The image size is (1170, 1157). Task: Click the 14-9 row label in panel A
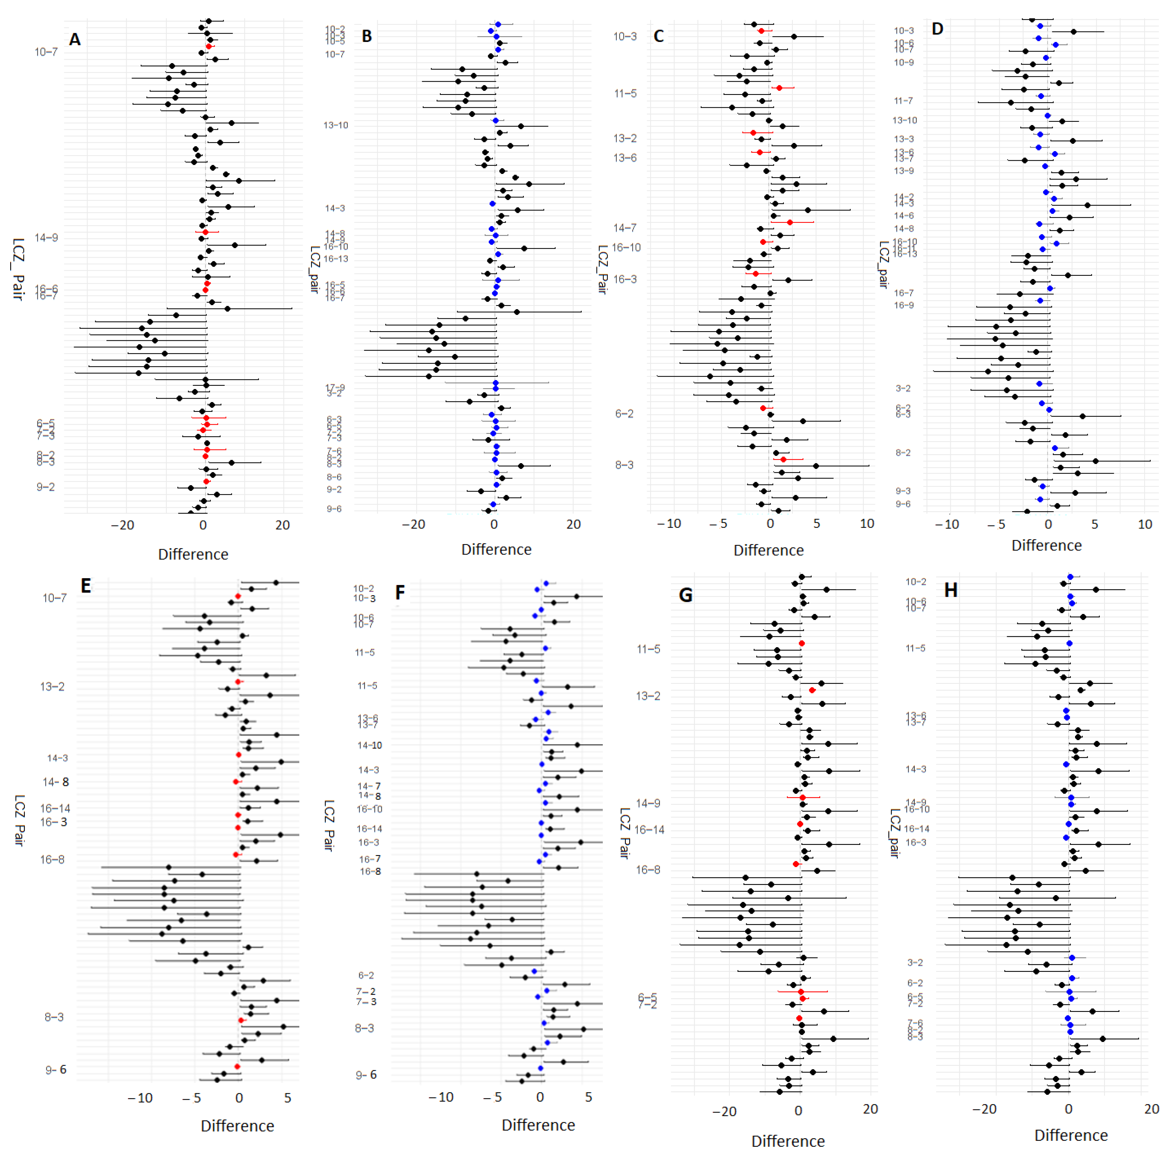pyautogui.click(x=46, y=238)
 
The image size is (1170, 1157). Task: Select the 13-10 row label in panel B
pyautogui.click(x=336, y=125)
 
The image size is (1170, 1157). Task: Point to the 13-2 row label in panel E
pyautogui.click(x=52, y=687)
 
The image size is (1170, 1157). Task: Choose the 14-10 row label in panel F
pyautogui.click(x=369, y=745)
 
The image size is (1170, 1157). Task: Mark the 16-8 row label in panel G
pyautogui.click(x=647, y=870)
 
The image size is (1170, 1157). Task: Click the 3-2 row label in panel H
pyautogui.click(x=915, y=963)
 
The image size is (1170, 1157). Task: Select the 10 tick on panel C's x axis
pyautogui.click(x=867, y=524)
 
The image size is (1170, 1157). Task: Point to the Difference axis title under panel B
pyautogui.click(x=496, y=550)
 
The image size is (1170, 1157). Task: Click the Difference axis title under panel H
pyautogui.click(x=1071, y=1135)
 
